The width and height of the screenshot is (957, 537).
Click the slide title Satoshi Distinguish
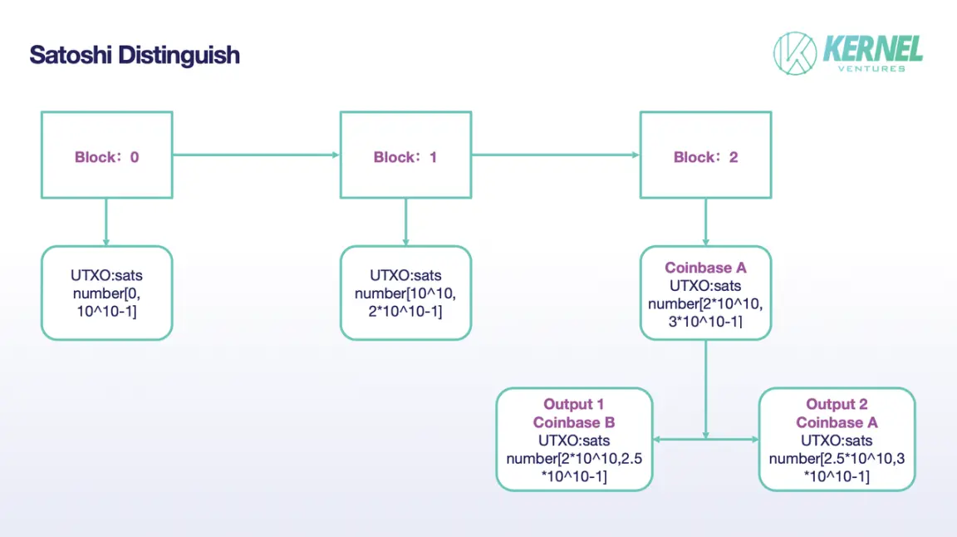click(135, 56)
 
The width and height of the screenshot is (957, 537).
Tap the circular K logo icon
click(795, 53)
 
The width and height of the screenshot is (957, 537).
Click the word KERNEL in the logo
click(872, 48)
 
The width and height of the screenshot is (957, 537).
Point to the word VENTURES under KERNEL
click(872, 69)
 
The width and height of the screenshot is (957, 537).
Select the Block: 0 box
click(106, 155)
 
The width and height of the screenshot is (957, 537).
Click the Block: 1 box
click(405, 155)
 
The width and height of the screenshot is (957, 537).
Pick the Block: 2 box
click(705, 155)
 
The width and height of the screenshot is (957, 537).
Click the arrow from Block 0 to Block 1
click(256, 155)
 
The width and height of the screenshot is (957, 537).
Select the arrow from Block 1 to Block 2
click(555, 155)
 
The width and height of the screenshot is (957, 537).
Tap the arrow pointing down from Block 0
click(106, 222)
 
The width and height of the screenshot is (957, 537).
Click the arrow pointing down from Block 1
click(405, 222)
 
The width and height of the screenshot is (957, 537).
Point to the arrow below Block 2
click(705, 222)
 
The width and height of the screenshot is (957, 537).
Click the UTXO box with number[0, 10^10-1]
click(106, 293)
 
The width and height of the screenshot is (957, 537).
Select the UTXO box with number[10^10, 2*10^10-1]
click(405, 293)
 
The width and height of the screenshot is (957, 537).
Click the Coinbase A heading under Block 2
click(705, 268)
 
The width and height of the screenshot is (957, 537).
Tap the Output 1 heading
click(574, 404)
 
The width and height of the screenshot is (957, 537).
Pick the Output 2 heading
click(837, 404)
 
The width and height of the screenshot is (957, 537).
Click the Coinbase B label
click(574, 422)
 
